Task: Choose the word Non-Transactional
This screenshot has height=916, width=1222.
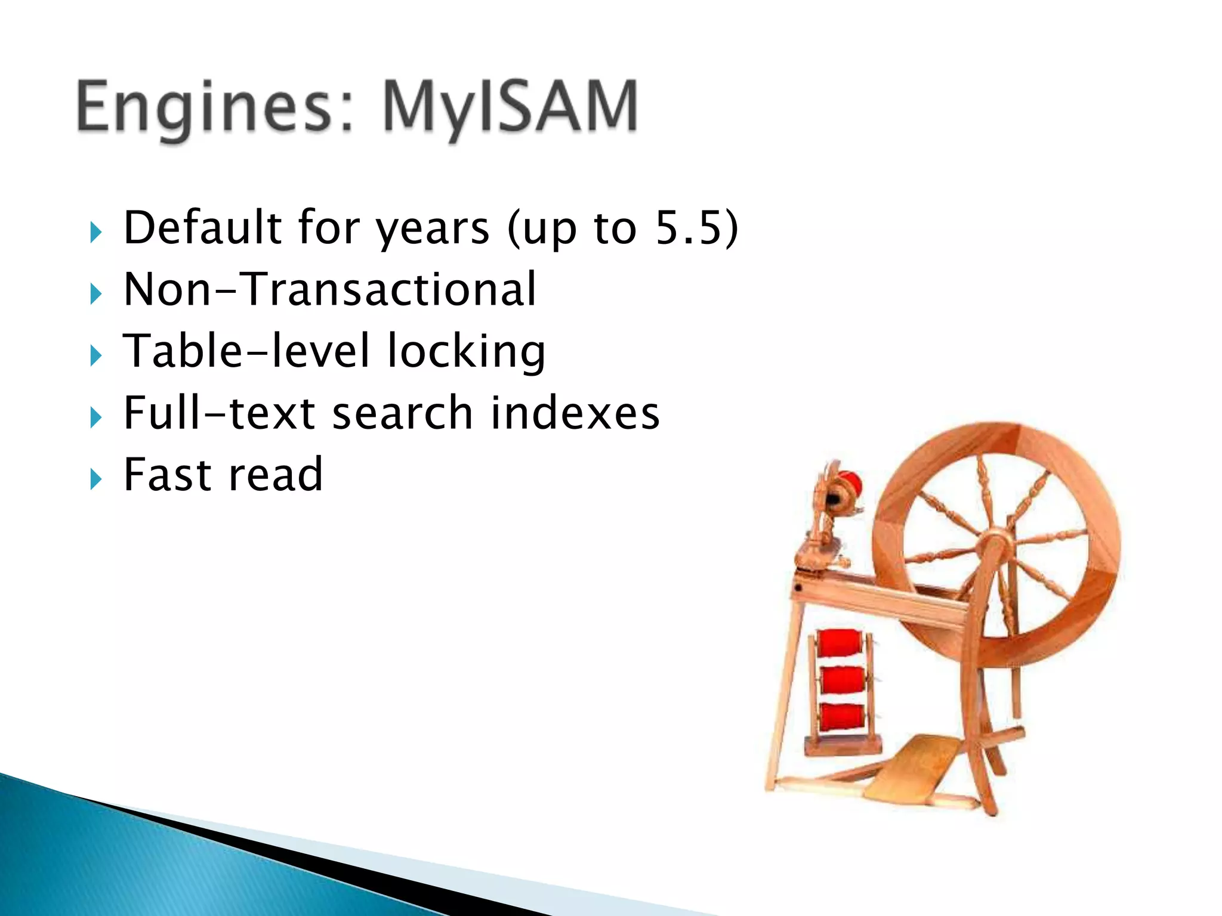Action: [330, 289]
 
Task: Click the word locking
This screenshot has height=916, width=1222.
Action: [466, 352]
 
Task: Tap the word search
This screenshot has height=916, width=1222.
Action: [403, 413]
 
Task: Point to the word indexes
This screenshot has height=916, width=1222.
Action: [575, 413]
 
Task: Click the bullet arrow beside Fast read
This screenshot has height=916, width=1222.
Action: [95, 478]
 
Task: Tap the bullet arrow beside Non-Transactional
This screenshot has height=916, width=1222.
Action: [95, 293]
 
